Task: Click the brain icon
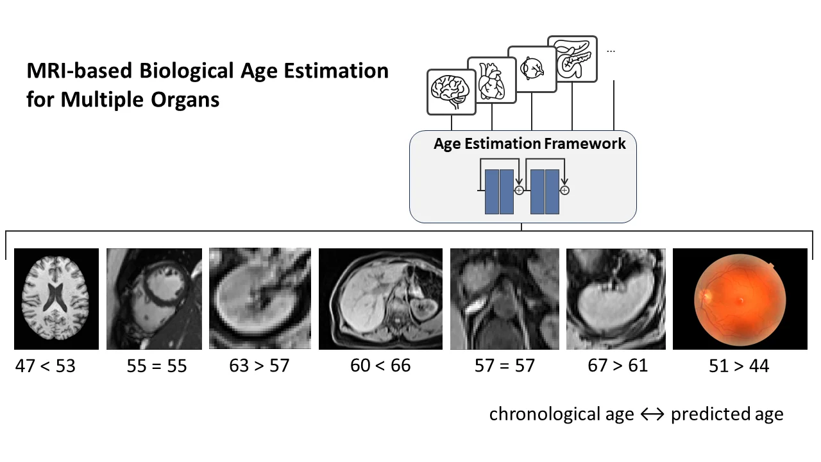pyautogui.click(x=451, y=92)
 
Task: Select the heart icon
pyautogui.click(x=491, y=81)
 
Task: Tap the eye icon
pyautogui.click(x=532, y=69)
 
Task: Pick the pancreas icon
pyautogui.click(x=572, y=58)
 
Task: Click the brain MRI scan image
pyautogui.click(x=56, y=299)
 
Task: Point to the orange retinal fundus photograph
pyautogui.click(x=740, y=299)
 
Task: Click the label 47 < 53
pyautogui.click(x=45, y=366)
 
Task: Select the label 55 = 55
pyautogui.click(x=157, y=366)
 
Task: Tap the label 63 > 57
pyautogui.click(x=260, y=366)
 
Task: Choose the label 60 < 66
pyautogui.click(x=380, y=366)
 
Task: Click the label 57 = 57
pyautogui.click(x=505, y=366)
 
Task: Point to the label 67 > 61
pyautogui.click(x=618, y=366)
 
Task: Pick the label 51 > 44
pyautogui.click(x=739, y=366)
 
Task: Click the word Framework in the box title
pyautogui.click(x=585, y=143)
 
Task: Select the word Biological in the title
pyautogui.click(x=187, y=71)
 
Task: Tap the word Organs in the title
pyautogui.click(x=185, y=99)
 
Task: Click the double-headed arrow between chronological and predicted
pyautogui.click(x=652, y=415)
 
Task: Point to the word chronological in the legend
pyautogui.click(x=561, y=414)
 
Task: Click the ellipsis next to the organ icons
pyautogui.click(x=611, y=51)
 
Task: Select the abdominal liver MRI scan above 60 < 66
pyautogui.click(x=380, y=299)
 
